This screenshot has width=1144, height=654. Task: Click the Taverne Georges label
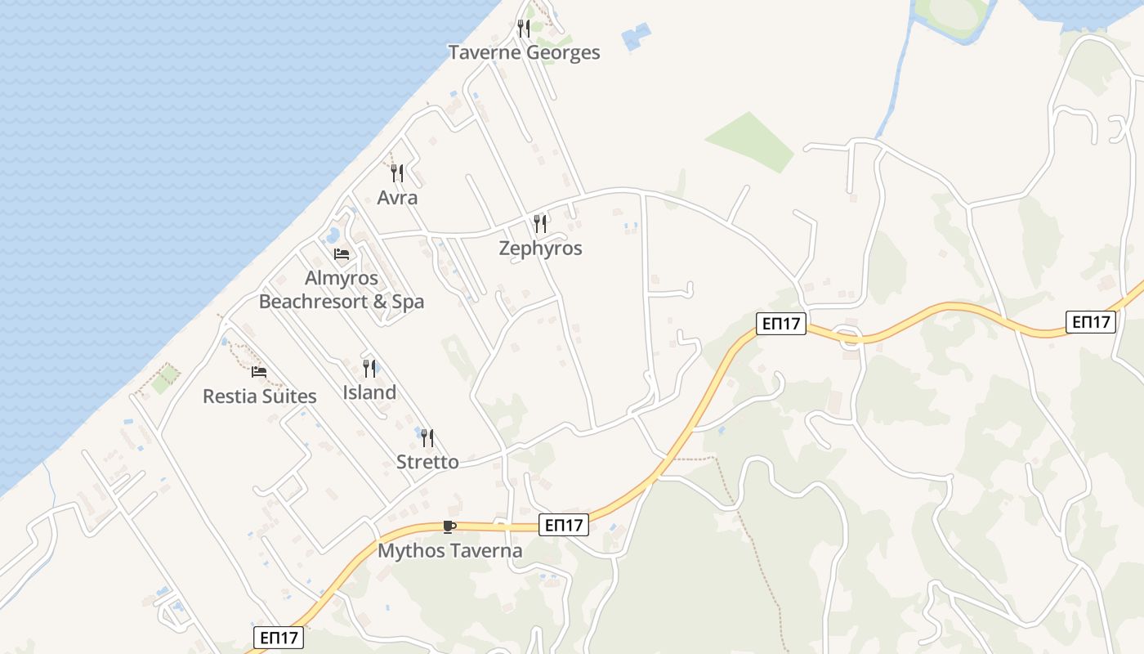point(524,53)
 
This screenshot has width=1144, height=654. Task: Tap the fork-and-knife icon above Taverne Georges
point(524,29)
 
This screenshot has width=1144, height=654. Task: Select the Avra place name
point(397,198)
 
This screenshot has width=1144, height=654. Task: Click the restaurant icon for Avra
point(397,173)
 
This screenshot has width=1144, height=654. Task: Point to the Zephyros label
point(540,249)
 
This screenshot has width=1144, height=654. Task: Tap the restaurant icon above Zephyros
point(540,223)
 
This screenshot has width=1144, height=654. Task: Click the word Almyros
point(342,278)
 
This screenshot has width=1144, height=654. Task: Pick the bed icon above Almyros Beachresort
point(342,254)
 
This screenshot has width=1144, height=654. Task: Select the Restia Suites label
point(259,396)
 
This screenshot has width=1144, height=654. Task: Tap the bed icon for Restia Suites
point(259,372)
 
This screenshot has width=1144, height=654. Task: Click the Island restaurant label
point(369,392)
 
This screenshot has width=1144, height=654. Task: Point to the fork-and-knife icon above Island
point(369,369)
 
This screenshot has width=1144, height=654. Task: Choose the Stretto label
point(427,462)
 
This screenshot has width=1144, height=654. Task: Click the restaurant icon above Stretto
point(427,438)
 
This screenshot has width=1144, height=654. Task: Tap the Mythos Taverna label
point(449,551)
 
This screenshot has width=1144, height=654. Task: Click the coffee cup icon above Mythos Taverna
point(449,526)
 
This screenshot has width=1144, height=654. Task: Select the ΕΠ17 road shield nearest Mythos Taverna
point(564,525)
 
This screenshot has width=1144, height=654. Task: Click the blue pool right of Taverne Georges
point(636,37)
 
